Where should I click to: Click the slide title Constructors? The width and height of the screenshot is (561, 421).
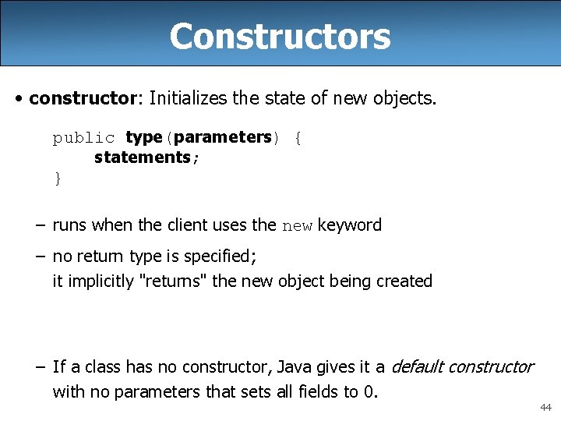(x=280, y=36)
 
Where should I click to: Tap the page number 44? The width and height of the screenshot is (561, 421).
(x=545, y=407)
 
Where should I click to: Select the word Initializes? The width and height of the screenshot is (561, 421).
(x=189, y=98)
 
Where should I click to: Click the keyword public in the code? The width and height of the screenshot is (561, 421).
(x=83, y=138)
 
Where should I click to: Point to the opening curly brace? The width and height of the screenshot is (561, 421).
(x=298, y=139)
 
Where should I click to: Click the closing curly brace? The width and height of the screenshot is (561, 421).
(x=57, y=179)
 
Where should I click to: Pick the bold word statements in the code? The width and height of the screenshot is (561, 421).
(x=142, y=157)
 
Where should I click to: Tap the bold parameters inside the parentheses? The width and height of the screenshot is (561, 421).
(x=222, y=138)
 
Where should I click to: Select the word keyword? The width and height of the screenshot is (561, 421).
(x=349, y=226)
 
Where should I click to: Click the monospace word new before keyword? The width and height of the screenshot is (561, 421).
(x=297, y=227)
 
